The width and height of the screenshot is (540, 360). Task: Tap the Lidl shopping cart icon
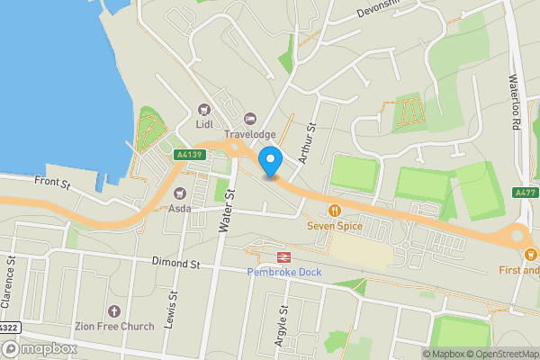(205, 109)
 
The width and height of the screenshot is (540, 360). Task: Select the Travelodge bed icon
(250, 119)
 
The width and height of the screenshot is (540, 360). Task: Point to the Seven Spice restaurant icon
(335, 211)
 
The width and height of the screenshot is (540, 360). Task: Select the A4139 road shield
(191, 155)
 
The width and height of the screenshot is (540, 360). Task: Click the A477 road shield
(526, 193)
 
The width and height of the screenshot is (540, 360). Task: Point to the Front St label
(52, 184)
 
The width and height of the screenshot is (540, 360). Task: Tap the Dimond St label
(175, 264)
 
